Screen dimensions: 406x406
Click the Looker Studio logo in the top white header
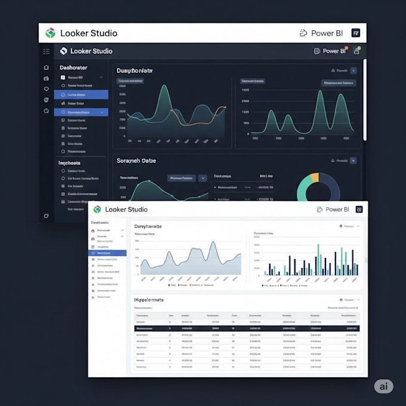click(50, 33)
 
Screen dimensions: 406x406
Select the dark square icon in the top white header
click(356, 33)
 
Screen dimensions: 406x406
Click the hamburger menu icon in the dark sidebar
click(46, 51)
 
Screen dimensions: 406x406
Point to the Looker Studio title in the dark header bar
click(91, 51)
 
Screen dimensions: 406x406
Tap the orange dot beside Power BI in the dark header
click(346, 47)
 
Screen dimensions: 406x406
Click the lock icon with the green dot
click(356, 51)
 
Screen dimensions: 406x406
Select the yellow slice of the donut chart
click(315, 177)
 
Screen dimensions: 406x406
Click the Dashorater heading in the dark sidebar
click(73, 68)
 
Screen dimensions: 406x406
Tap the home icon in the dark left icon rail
click(47, 67)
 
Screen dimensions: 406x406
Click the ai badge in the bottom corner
click(383, 386)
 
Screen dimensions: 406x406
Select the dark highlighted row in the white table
click(247, 328)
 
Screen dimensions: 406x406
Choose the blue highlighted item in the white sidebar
click(107, 253)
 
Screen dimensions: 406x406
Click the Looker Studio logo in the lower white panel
click(97, 210)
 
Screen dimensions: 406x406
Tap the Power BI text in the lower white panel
click(337, 210)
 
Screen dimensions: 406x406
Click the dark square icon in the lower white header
click(359, 210)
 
